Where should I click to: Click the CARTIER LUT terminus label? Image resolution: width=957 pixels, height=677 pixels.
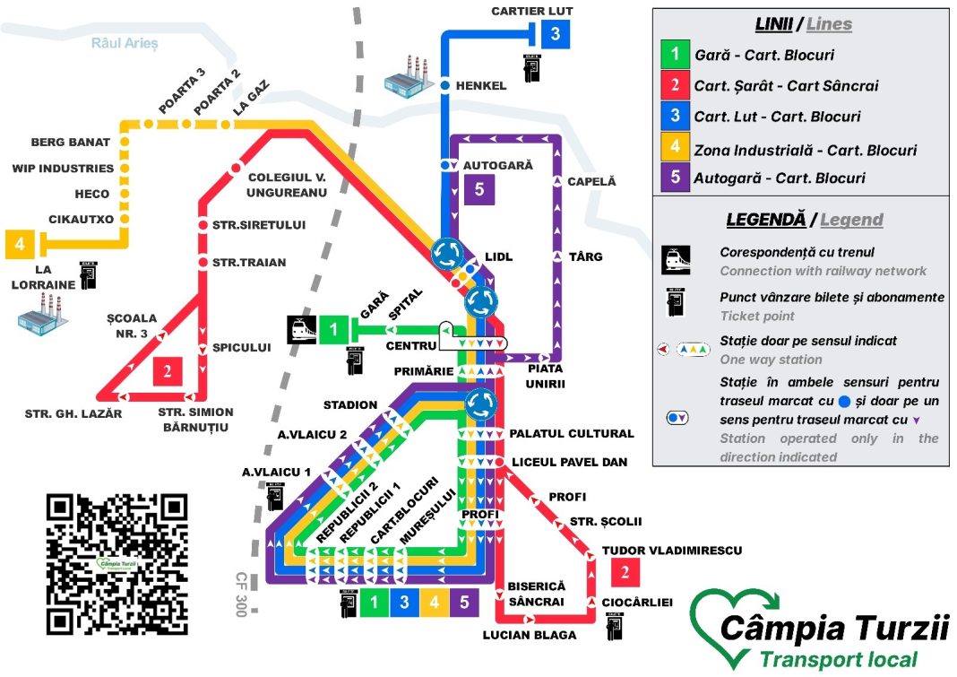click(x=531, y=11)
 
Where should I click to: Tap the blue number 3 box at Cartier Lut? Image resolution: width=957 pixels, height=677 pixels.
click(x=556, y=35)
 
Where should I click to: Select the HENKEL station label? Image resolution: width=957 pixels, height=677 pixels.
click(x=481, y=86)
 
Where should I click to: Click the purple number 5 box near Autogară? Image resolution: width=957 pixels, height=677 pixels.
click(x=479, y=189)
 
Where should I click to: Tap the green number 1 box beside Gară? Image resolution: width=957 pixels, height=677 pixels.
click(x=334, y=330)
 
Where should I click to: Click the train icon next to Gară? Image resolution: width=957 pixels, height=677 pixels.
click(x=301, y=330)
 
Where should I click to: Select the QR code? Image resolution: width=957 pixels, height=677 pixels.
click(x=117, y=564)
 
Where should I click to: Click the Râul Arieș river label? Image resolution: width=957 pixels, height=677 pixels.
click(x=124, y=43)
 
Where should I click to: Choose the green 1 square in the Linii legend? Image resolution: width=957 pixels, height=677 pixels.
click(x=673, y=55)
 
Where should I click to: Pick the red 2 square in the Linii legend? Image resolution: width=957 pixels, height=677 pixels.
click(x=673, y=86)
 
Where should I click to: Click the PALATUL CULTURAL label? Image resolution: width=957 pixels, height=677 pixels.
click(x=571, y=434)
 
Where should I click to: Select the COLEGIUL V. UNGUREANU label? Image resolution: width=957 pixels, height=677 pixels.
click(x=287, y=185)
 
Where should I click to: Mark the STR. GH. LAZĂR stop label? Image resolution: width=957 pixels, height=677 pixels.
click(x=74, y=414)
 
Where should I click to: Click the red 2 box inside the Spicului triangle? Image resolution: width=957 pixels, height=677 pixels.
click(x=168, y=371)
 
